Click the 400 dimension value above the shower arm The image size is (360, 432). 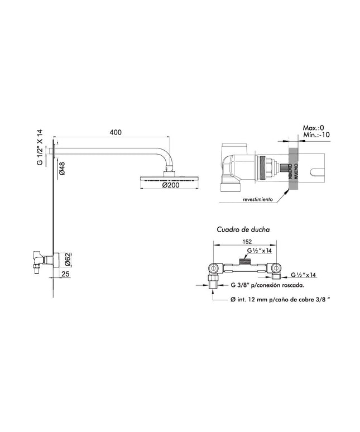click(x=116, y=132)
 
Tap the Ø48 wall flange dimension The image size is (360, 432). click(x=63, y=169)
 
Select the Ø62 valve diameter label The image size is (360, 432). click(x=66, y=258)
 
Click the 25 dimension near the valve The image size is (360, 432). click(x=66, y=274)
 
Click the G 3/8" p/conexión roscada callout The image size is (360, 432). click(x=267, y=285)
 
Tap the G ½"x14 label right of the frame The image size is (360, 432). click(x=304, y=275)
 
